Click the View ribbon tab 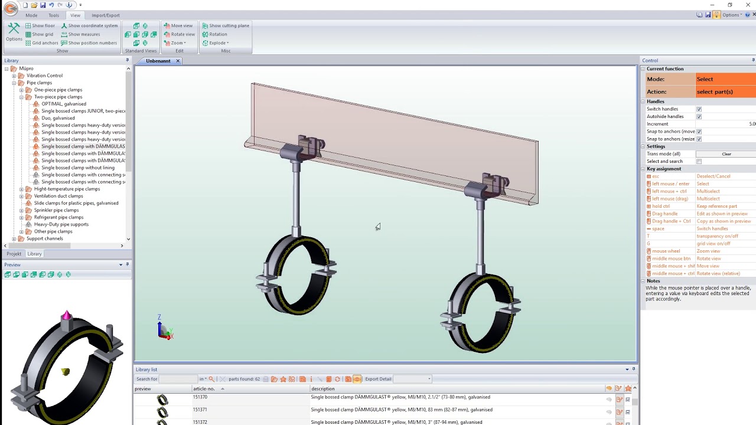pos(75,15)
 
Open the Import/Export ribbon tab pos(105,15)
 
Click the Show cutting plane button pos(226,25)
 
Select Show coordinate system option pos(89,25)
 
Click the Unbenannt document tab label pos(158,61)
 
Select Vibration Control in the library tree pos(44,76)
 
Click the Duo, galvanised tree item pos(58,118)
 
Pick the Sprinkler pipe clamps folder pos(56,210)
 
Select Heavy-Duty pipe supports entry pos(61,224)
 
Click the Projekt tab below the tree pos(14,254)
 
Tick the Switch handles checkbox pos(699,109)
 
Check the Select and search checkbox pos(699,161)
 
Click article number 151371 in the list pos(200,410)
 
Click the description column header pos(323,388)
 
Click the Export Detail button pos(378,379)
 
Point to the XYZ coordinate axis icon pos(165,329)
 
